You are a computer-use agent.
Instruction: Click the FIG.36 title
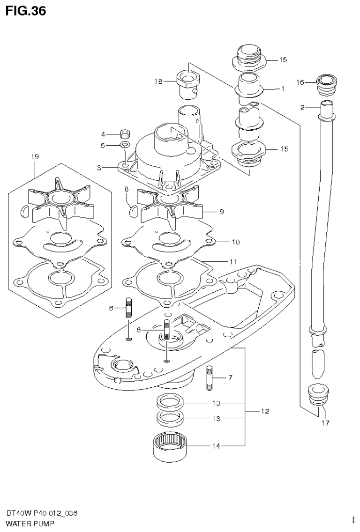26,11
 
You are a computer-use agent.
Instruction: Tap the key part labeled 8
133,210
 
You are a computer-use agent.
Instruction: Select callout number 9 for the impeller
221,212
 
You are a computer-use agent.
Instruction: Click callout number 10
235,242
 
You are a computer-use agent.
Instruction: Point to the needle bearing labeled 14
171,448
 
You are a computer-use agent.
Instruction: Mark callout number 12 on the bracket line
265,412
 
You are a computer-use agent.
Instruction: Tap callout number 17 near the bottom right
325,423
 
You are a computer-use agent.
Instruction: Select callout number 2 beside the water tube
302,108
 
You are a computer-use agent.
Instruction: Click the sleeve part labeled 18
190,83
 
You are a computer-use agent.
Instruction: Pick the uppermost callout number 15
283,60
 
